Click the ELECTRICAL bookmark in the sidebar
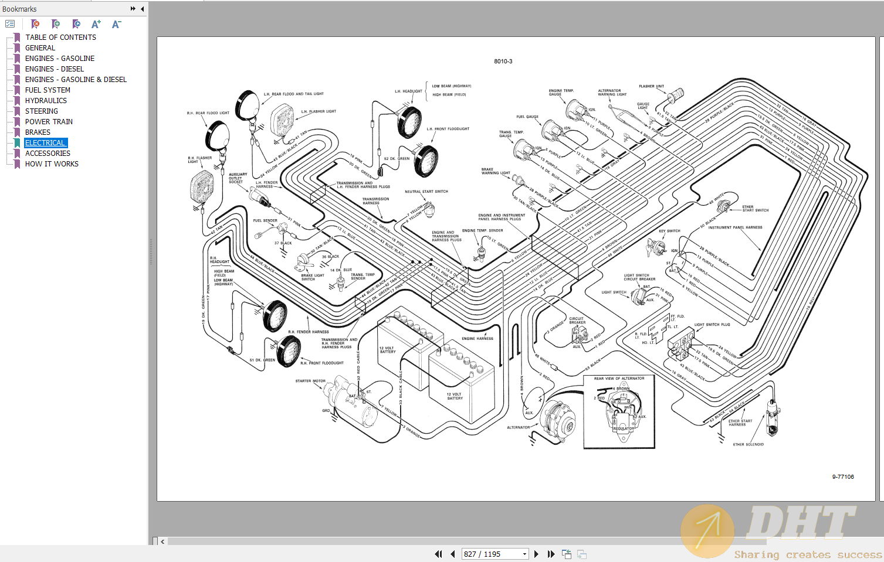45,143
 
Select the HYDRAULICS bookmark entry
46,101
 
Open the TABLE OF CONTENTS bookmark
60,38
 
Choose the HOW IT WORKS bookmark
52,164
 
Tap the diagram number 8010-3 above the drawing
503,62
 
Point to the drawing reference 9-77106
842,477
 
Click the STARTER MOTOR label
310,381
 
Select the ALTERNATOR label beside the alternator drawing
518,428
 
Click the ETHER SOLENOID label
748,444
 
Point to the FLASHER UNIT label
651,86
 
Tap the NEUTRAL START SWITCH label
426,192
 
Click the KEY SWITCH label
669,231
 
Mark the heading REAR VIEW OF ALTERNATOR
619,379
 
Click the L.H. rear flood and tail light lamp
248,105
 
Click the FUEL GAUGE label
527,117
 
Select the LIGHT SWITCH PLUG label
712,325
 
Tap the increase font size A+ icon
96,24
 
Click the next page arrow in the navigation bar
536,554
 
